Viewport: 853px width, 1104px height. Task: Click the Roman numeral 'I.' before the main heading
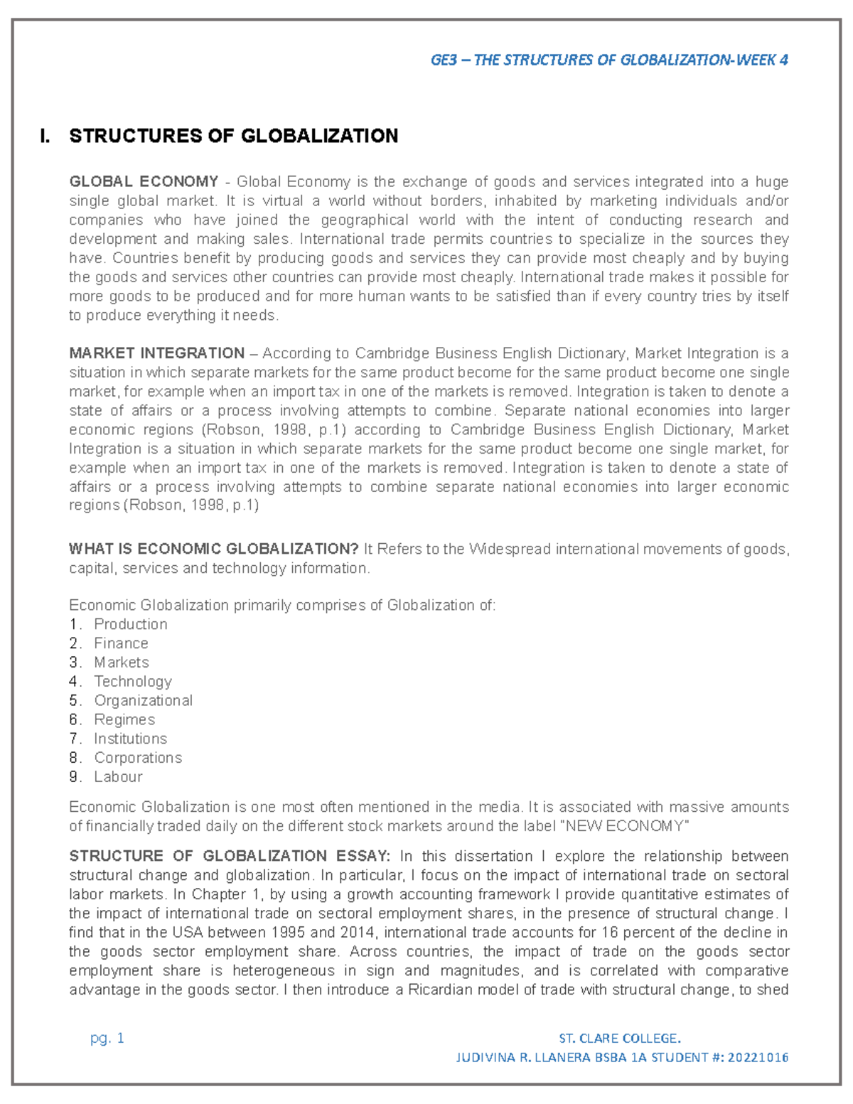(46, 136)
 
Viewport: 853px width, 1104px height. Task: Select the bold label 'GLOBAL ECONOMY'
(144, 182)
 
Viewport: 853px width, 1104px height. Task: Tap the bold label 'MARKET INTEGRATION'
(156, 353)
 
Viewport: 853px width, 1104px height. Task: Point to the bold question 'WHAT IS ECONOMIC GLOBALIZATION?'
(213, 549)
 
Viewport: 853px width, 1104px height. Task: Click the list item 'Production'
(131, 624)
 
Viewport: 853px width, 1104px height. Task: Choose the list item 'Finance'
(121, 643)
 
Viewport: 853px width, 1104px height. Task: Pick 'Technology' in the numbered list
(133, 681)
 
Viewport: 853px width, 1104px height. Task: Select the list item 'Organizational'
(143, 700)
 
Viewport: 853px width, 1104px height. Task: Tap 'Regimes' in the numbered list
(124, 719)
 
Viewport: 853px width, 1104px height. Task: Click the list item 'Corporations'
(138, 758)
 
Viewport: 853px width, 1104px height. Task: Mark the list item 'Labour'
(118, 777)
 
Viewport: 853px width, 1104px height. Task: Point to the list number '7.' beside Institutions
(75, 739)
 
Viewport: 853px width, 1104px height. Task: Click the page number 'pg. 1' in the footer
(107, 1038)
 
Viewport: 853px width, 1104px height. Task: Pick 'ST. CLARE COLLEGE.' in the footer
(620, 1038)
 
